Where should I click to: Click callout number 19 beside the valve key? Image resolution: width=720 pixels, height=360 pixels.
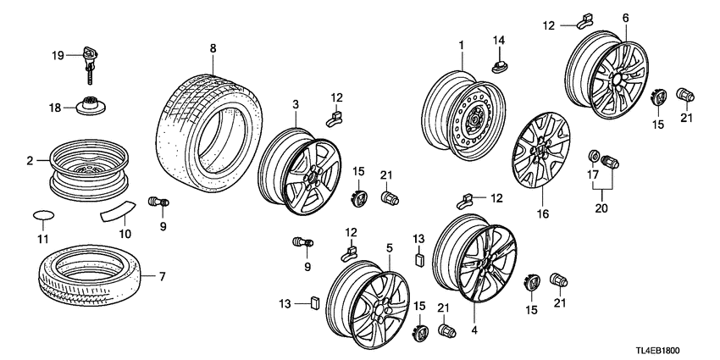pos(57,55)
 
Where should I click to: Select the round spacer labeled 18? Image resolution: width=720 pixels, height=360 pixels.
pos(91,107)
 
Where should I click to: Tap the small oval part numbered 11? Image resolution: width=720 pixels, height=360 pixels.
pos(42,214)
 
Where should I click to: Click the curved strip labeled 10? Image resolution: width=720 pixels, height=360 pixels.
pos(117,210)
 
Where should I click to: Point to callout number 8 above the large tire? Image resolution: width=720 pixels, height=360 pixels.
pos(213,50)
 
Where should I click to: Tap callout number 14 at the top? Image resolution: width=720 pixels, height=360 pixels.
pos(498,41)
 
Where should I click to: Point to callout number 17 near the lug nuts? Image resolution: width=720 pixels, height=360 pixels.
pos(594,175)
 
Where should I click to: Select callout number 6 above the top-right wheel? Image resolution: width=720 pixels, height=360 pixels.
pos(625,18)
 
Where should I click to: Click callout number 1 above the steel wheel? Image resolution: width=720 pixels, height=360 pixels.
pos(462,44)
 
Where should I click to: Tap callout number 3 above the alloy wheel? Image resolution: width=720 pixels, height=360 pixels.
pos(296,104)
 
